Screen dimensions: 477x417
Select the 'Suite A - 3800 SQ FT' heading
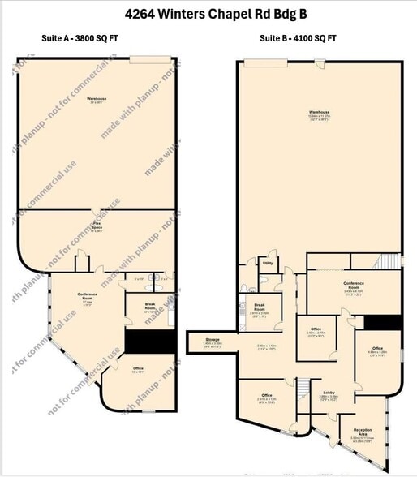coord(80,38)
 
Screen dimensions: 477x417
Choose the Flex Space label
coord(96,228)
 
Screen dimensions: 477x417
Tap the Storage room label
coord(213,341)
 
